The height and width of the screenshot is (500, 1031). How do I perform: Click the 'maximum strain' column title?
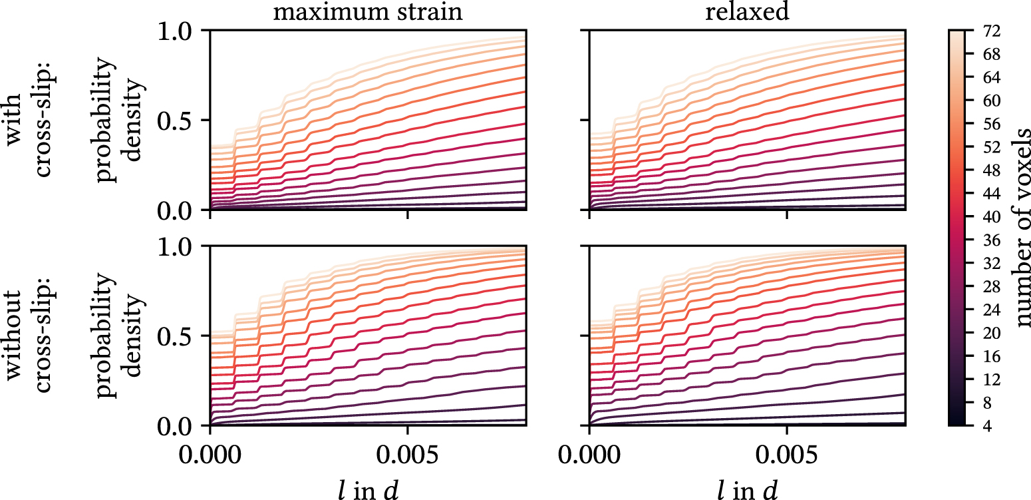pyautogui.click(x=368, y=13)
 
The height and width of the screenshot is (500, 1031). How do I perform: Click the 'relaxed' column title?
pyautogui.click(x=747, y=13)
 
